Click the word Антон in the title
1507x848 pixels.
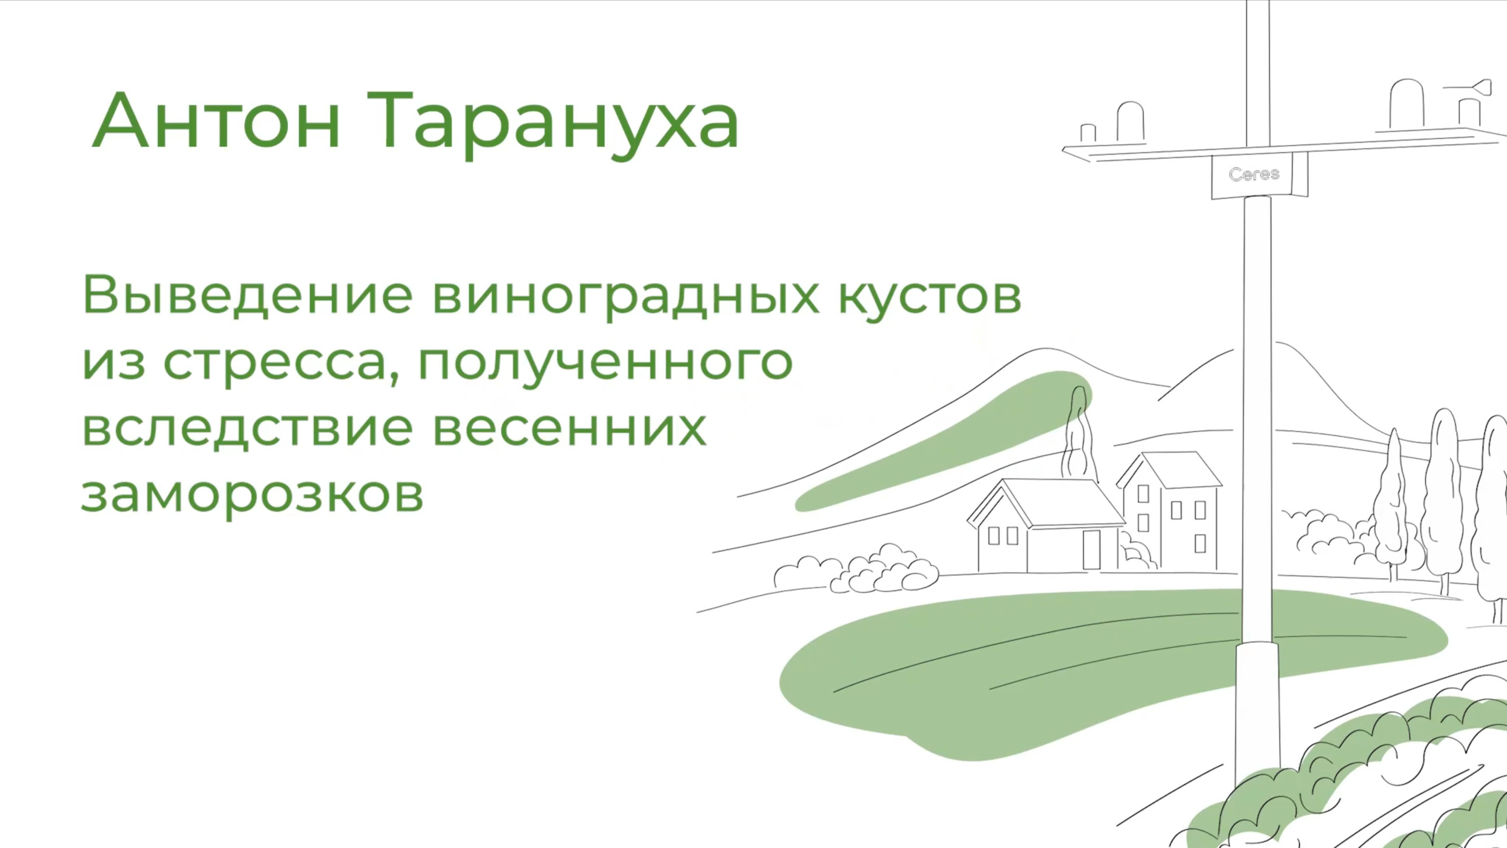(x=216, y=122)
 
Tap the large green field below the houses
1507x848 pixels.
(x=1053, y=672)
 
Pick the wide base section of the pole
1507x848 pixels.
(x=1257, y=714)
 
